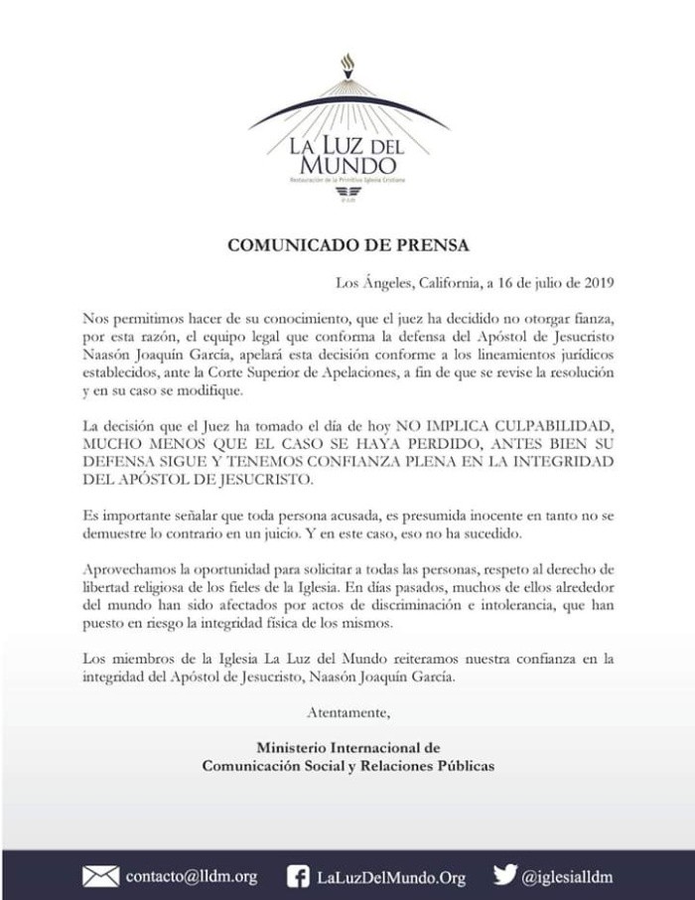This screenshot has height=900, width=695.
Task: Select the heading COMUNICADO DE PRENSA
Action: click(x=347, y=244)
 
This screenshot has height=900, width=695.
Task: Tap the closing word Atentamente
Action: click(x=348, y=711)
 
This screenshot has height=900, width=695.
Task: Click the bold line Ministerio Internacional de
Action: click(x=347, y=747)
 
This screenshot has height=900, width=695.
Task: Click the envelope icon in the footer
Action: click(x=99, y=876)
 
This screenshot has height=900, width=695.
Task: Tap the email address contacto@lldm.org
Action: click(x=191, y=876)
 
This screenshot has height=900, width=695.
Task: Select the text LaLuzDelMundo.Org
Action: click(x=390, y=876)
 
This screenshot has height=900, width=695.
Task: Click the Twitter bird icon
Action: click(x=505, y=875)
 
